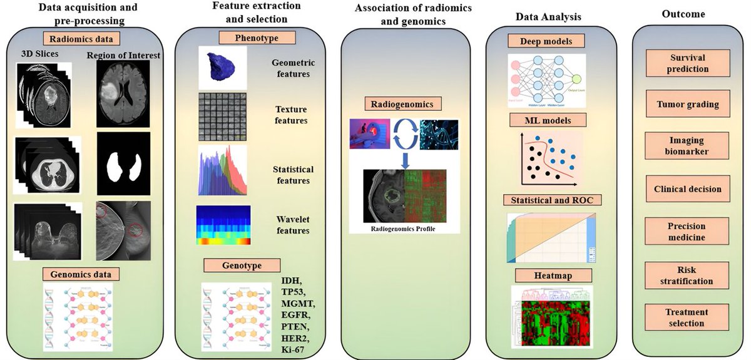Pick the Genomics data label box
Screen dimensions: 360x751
point(81,274)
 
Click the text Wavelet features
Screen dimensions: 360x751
point(292,225)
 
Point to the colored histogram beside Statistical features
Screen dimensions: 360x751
point(222,171)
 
